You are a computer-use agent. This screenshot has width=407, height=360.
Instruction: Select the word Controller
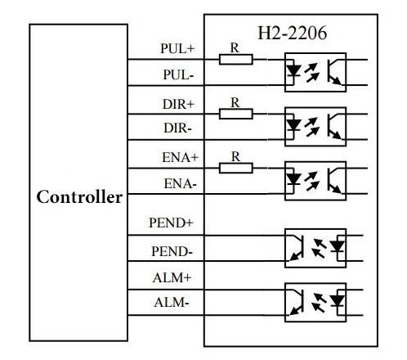click(x=79, y=197)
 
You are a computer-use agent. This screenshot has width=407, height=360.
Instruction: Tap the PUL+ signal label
click(x=177, y=48)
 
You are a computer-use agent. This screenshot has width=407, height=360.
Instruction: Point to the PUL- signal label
click(x=178, y=74)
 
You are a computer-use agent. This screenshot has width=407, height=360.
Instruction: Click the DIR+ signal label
click(x=177, y=104)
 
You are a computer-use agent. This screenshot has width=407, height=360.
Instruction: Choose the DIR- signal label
click(x=178, y=129)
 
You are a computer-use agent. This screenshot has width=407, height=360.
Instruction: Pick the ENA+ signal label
click(x=177, y=157)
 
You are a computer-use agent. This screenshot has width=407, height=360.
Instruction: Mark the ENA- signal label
click(x=179, y=184)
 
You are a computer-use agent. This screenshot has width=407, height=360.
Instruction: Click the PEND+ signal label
click(x=172, y=222)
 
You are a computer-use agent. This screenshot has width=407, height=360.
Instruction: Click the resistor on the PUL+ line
click(x=236, y=59)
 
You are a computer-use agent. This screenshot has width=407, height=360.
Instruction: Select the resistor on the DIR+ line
click(x=236, y=113)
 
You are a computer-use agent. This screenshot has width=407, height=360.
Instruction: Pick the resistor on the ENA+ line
click(x=236, y=167)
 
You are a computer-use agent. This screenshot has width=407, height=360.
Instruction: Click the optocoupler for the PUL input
click(x=315, y=71)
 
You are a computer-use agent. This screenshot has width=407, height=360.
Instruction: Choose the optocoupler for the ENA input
click(x=315, y=179)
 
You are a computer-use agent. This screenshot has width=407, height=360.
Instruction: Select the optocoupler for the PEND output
click(x=315, y=247)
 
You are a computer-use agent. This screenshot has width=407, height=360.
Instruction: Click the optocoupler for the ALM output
click(x=315, y=301)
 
